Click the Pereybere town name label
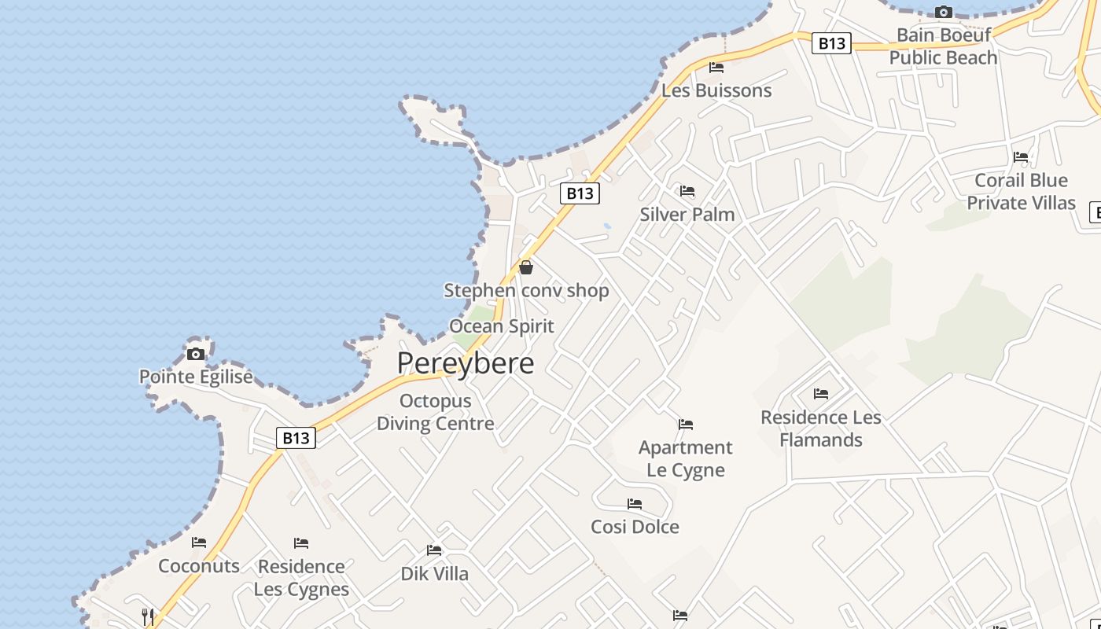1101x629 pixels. pyautogui.click(x=466, y=362)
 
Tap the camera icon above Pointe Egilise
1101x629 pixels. pyautogui.click(x=196, y=354)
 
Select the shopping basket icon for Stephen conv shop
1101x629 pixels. pyautogui.click(x=526, y=267)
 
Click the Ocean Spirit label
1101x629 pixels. pyautogui.click(x=502, y=326)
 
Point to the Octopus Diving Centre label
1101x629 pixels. pyautogui.click(x=436, y=412)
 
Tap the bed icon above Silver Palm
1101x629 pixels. pyautogui.click(x=687, y=191)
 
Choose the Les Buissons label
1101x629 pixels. pyautogui.click(x=716, y=90)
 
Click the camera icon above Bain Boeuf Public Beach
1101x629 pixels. pyautogui.click(x=943, y=12)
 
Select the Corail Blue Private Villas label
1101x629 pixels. pyautogui.click(x=1021, y=191)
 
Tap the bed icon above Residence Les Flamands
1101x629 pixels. pyautogui.click(x=821, y=393)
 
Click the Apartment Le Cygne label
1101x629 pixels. pyautogui.click(x=686, y=458)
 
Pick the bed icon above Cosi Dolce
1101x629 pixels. pyautogui.click(x=635, y=504)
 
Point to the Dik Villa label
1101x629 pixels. pyautogui.click(x=435, y=574)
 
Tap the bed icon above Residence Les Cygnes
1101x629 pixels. pyautogui.click(x=301, y=543)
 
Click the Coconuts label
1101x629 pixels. pyautogui.click(x=199, y=566)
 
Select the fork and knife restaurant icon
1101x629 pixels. pyautogui.click(x=147, y=616)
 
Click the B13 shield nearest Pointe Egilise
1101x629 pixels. pyautogui.click(x=296, y=438)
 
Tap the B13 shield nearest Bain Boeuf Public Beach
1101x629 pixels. pyautogui.click(x=831, y=43)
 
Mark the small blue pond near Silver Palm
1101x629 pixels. pyautogui.click(x=607, y=226)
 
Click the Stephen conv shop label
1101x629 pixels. pyautogui.click(x=526, y=291)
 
